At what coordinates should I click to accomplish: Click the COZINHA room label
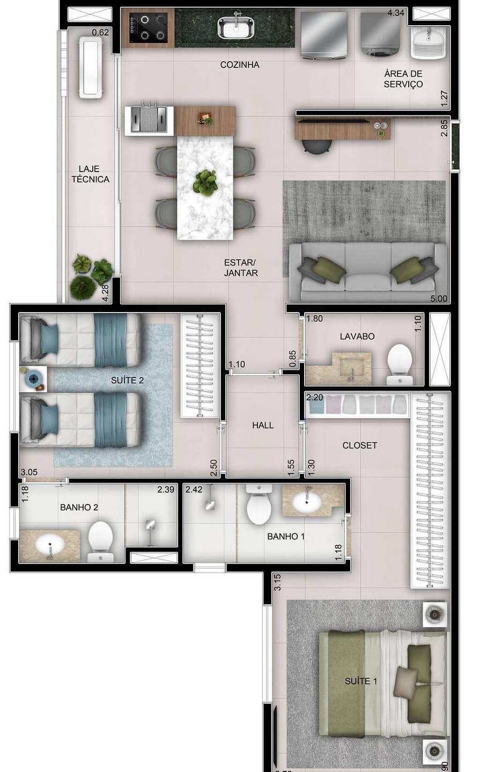pos(240,65)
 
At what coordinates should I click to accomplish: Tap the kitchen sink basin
pos(236,27)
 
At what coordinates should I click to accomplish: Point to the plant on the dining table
pos(205,182)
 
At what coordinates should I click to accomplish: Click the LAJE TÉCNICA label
pos(91,174)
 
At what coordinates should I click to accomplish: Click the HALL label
pos(263,425)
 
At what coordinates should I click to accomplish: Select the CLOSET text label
pos(359,446)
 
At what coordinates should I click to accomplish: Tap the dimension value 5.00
pos(439,299)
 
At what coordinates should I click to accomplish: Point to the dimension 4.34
pos(396,13)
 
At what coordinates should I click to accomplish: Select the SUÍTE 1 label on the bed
pos(361,681)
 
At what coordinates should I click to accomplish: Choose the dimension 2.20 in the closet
pos(315,397)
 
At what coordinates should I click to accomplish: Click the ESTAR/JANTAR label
pos(241,268)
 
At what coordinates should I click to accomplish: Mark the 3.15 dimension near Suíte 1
pos(277,582)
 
